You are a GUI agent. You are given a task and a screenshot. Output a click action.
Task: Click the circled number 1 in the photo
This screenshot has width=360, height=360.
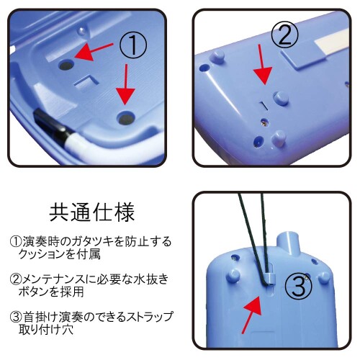(132, 45)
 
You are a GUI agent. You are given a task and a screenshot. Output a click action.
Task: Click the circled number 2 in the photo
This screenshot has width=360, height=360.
(284, 35)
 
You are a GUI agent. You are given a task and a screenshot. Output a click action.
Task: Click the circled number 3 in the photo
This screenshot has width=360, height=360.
(298, 287)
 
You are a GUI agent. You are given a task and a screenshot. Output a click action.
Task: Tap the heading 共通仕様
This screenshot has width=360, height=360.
(91, 212)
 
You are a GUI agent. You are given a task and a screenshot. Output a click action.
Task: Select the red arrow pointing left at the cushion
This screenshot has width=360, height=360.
(94, 52)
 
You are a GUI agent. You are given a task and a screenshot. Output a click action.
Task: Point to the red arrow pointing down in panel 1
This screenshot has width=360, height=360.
(126, 84)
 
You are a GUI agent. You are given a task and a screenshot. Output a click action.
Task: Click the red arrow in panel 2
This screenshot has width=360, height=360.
(262, 65)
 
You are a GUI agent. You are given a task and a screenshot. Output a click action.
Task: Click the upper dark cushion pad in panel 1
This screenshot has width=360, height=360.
(66, 65)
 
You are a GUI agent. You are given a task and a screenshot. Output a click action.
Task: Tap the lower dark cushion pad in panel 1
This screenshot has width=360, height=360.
(126, 118)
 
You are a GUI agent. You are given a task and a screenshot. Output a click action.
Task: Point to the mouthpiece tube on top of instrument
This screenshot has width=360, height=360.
(289, 243)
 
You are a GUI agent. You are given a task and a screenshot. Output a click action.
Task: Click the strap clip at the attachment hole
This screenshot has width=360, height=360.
(269, 279)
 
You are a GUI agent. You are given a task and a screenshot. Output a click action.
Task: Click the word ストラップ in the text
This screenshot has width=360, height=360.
(149, 317)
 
